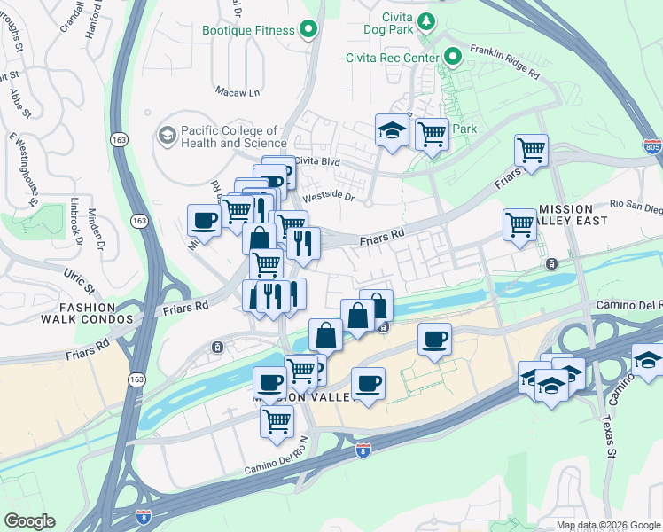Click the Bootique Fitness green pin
(308, 30)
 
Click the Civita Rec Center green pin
(453, 59)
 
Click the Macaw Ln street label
(237, 91)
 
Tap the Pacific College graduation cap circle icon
(167, 136)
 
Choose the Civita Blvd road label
(317, 161)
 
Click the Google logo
(28, 521)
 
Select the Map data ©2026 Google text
(606, 525)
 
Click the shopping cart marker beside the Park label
(432, 135)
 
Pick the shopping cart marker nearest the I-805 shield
(531, 150)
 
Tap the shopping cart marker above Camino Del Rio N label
(277, 422)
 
